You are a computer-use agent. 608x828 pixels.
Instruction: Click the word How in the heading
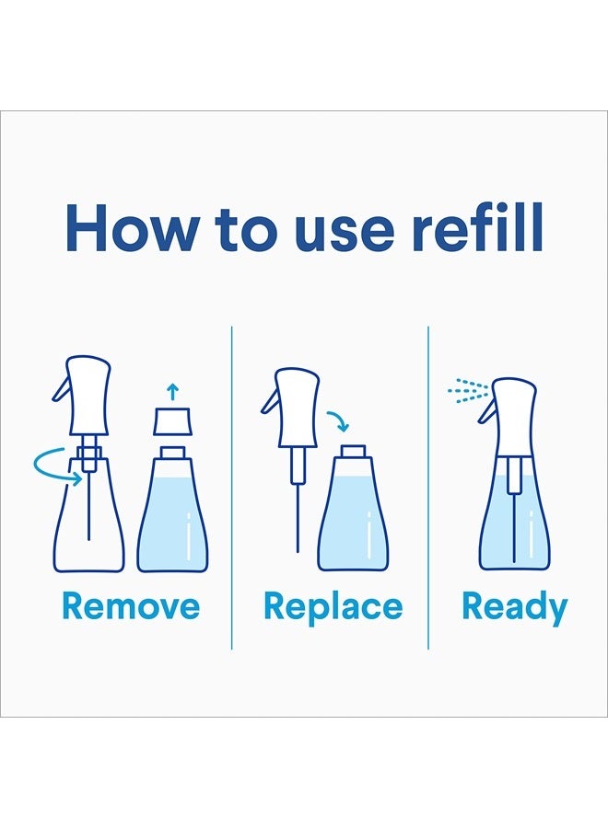(x=131, y=228)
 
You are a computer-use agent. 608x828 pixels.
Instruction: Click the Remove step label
(x=131, y=605)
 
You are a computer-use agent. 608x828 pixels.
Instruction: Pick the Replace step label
(x=333, y=608)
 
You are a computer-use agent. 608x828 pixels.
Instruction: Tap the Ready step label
(x=514, y=608)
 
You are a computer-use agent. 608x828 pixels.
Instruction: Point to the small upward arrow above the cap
(x=172, y=392)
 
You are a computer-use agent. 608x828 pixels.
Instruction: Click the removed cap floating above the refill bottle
(x=172, y=420)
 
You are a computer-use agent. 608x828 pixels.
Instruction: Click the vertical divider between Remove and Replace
(x=231, y=488)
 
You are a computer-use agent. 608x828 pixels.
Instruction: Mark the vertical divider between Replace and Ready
(x=428, y=488)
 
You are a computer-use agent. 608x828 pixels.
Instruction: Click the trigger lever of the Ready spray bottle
(x=487, y=409)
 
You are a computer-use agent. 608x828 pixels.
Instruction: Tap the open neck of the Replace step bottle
(x=353, y=452)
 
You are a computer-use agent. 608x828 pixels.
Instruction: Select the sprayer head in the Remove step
(x=83, y=395)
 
